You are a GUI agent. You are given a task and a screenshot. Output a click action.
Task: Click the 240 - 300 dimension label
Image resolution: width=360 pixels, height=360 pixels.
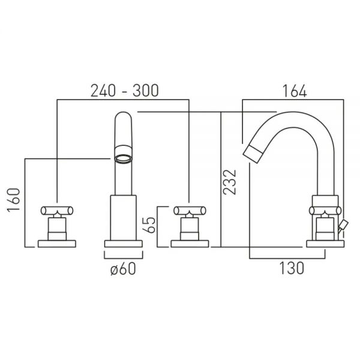[124, 91]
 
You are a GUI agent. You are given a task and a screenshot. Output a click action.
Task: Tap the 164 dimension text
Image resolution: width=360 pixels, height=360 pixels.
[295, 91]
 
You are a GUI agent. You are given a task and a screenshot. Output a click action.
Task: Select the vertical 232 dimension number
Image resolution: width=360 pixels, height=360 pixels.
[230, 182]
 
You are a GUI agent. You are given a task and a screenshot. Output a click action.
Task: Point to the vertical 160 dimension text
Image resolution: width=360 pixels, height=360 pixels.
[14, 200]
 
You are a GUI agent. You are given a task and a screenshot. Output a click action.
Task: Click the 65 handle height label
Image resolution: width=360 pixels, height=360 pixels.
[149, 225]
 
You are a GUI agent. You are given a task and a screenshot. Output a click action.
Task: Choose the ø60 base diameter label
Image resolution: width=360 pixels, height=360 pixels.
[123, 269]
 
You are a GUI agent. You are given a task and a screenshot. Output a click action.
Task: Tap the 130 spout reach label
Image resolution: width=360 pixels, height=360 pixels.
[292, 268]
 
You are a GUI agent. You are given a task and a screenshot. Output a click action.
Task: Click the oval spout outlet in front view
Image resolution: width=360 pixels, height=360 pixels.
[123, 158]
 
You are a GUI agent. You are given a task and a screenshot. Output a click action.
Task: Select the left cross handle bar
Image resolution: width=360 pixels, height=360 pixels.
[57, 211]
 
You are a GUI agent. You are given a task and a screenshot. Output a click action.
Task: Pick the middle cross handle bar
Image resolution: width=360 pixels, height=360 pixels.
[190, 211]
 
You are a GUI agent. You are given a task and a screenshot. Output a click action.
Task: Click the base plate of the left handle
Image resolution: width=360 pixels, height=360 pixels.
[57, 244]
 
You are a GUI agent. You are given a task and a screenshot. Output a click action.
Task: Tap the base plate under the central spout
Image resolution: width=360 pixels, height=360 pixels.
[123, 244]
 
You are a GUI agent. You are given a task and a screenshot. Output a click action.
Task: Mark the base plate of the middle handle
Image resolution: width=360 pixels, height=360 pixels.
[190, 244]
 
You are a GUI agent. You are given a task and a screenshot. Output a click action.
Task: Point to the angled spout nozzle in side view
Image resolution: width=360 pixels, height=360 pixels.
[253, 155]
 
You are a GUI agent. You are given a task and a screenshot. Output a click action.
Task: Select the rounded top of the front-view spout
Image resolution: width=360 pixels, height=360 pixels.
[123, 114]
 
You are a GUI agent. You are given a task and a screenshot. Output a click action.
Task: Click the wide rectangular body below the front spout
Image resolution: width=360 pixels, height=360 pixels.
[123, 218]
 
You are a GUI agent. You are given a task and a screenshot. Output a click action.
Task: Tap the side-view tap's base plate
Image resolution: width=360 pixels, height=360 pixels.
[325, 244]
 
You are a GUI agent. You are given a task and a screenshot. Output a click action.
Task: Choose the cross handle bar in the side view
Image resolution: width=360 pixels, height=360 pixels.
[325, 211]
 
